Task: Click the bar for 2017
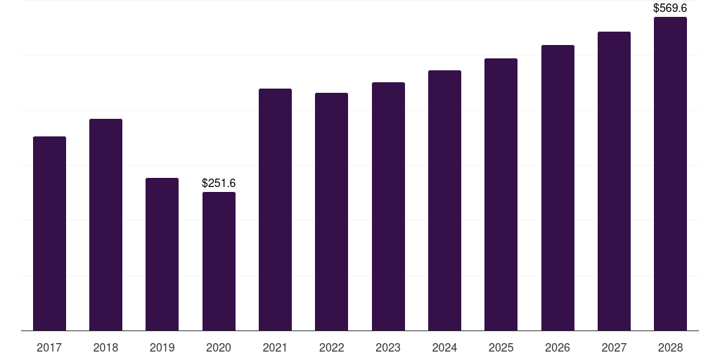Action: pos(49,233)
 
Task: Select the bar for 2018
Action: pos(105,225)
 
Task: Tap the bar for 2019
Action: pos(162,255)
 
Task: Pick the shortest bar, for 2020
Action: pos(219,262)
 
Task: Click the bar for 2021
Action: pos(275,210)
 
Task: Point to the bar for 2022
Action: pos(331,212)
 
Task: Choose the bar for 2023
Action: pos(388,207)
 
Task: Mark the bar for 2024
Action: pos(444,200)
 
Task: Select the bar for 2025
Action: pos(501,195)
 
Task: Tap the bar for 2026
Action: pos(558,188)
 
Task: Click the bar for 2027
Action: pos(614,181)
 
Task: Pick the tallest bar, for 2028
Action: pos(670,174)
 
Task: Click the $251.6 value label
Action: pos(219,183)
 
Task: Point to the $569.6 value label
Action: pos(670,8)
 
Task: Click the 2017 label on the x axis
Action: pos(49,347)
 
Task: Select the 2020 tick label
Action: pos(219,347)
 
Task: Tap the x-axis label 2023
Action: pos(388,347)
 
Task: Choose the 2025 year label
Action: pos(501,347)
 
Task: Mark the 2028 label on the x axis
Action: pos(670,347)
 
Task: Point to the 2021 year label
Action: pos(275,347)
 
